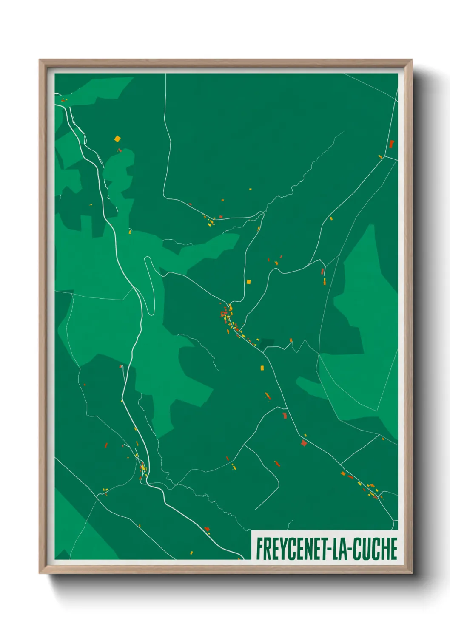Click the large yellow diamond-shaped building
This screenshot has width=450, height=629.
pyautogui.click(x=117, y=139)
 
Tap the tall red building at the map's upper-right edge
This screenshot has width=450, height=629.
pyautogui.click(x=391, y=144)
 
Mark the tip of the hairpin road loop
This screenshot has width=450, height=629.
pyautogui.click(x=147, y=258)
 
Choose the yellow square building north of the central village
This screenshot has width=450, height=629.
pyautogui.click(x=249, y=281)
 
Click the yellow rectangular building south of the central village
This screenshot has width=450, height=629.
pyautogui.click(x=262, y=368)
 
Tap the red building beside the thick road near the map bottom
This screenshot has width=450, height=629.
pyautogui.click(x=207, y=529)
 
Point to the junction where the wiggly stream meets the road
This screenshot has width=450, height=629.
pyautogui.click(x=262, y=212)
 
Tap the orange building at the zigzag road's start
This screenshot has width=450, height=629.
pyautogui.click(x=291, y=340)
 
